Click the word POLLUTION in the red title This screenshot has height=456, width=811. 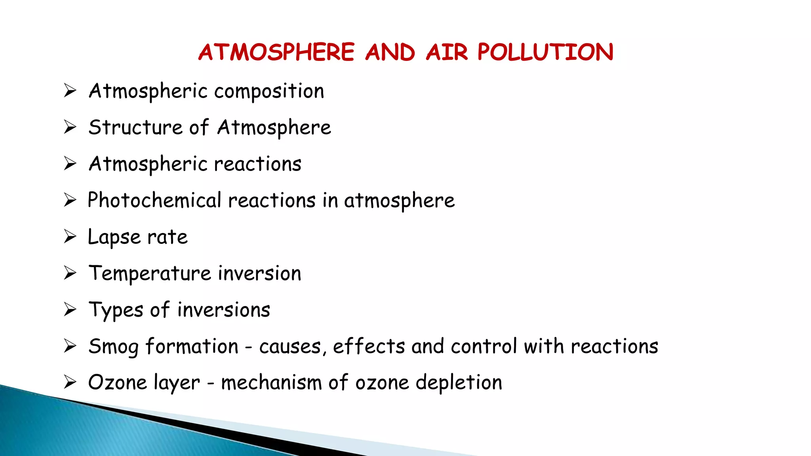point(545,52)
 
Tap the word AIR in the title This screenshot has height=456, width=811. point(447,52)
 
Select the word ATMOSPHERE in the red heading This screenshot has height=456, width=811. point(276,52)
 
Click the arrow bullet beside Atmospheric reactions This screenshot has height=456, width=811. point(70,163)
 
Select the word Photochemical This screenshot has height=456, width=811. point(154,200)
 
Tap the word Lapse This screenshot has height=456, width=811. point(114,237)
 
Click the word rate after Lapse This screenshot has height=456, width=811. point(168,237)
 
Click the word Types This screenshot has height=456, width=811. point(116,310)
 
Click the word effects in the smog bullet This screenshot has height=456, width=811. point(369,346)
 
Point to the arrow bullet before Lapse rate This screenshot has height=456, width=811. point(70,236)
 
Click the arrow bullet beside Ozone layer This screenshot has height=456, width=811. point(70,382)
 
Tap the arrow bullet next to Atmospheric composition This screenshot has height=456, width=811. point(70,91)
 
